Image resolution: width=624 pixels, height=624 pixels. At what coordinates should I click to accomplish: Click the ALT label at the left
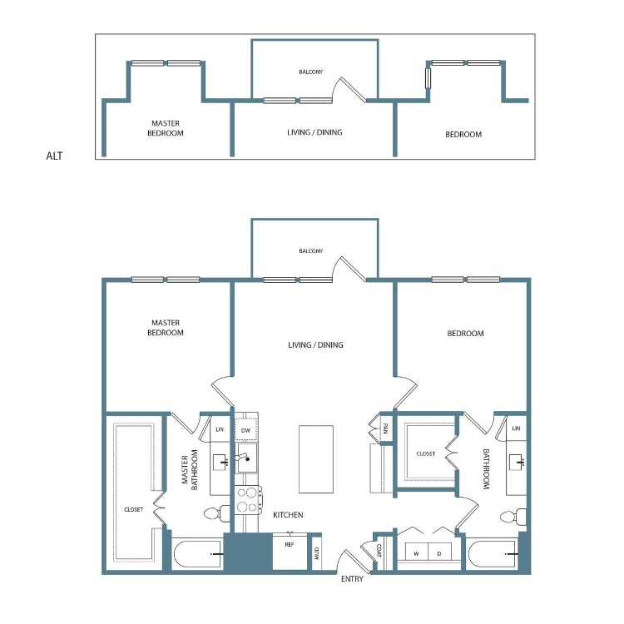(x=55, y=155)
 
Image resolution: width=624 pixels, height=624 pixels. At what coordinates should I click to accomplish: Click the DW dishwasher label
(x=245, y=430)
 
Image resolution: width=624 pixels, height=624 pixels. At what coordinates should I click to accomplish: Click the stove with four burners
(x=248, y=500)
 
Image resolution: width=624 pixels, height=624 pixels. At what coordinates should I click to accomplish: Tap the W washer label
(x=416, y=553)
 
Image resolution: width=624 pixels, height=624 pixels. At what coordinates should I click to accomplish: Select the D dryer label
(x=439, y=553)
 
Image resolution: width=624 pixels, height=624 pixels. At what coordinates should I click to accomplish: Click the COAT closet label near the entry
(x=379, y=551)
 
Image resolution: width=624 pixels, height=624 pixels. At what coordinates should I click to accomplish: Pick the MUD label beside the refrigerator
(x=317, y=554)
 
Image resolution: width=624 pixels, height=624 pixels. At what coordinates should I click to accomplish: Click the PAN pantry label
(x=385, y=429)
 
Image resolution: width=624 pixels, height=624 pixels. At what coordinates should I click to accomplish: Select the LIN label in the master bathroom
(x=220, y=429)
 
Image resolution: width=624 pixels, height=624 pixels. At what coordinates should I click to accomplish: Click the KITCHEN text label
(x=288, y=516)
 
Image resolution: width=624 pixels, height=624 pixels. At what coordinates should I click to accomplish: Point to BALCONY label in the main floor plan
(x=311, y=250)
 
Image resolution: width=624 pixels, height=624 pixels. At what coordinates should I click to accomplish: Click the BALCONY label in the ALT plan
(x=311, y=72)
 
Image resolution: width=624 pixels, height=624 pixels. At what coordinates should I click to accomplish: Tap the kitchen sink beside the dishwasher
(x=247, y=456)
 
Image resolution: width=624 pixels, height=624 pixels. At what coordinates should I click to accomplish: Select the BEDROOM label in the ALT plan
(x=464, y=135)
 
